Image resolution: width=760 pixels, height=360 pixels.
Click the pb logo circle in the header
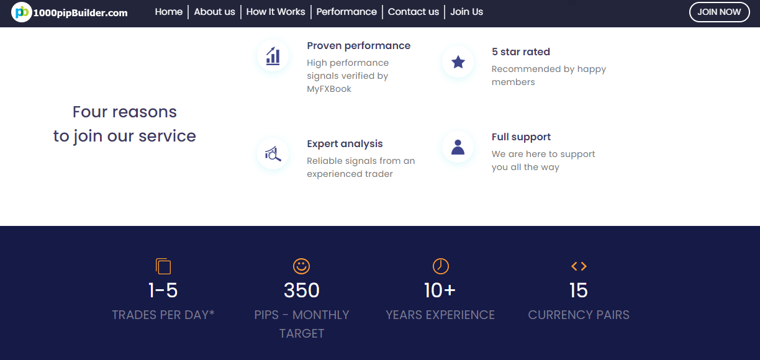point(21,12)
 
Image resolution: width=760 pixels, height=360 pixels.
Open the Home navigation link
point(169,12)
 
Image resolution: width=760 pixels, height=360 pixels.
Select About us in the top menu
point(214,12)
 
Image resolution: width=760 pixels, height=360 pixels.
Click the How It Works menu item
point(276,12)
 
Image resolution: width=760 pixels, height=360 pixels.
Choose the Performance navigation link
point(346,12)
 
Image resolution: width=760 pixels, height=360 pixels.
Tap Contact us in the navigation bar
point(414,12)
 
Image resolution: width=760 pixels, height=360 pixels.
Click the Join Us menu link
point(466,12)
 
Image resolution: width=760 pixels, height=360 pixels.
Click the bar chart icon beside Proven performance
point(273,56)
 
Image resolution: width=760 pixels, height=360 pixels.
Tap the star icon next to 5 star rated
point(458,62)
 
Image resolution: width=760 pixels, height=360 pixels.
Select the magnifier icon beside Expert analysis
point(273,154)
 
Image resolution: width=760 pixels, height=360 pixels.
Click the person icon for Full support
point(458,147)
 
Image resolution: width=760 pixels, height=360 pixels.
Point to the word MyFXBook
point(328,89)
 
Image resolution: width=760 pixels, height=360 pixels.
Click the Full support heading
point(521,137)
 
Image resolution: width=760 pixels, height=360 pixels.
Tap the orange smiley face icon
point(301,266)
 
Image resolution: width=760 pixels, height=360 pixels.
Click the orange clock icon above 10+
point(440,266)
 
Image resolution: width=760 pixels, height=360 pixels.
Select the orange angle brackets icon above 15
point(579,266)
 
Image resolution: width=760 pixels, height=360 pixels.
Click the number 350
point(302,290)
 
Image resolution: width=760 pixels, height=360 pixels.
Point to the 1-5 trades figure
point(163,290)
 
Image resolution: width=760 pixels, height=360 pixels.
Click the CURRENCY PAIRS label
point(579,315)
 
